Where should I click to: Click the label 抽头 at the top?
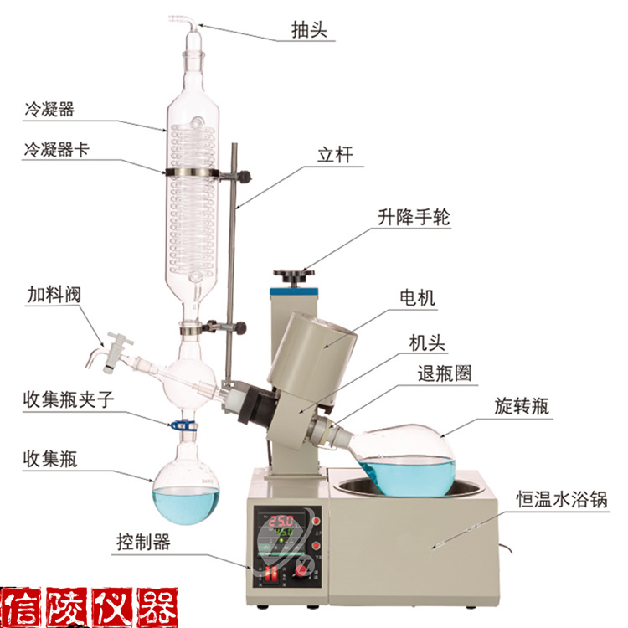pyautogui.click(x=309, y=29)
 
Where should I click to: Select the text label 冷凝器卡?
pyautogui.click(x=56, y=149)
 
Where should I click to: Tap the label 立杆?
pyautogui.click(x=335, y=155)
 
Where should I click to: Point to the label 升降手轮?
pyautogui.click(x=414, y=218)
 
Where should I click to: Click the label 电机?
pyautogui.click(x=417, y=298)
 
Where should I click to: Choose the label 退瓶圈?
pyautogui.click(x=445, y=373)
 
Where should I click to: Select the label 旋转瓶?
pyautogui.click(x=522, y=406)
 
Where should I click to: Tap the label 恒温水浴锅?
pyautogui.click(x=562, y=499)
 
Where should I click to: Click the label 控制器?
pyautogui.click(x=143, y=542)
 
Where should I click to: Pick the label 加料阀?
pyautogui.click(x=54, y=295)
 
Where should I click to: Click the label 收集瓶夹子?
pyautogui.click(x=69, y=399)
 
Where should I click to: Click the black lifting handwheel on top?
pyautogui.click(x=294, y=275)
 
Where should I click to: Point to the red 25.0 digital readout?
pyautogui.click(x=281, y=521)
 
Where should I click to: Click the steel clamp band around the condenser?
pyautogui.click(x=193, y=173)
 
